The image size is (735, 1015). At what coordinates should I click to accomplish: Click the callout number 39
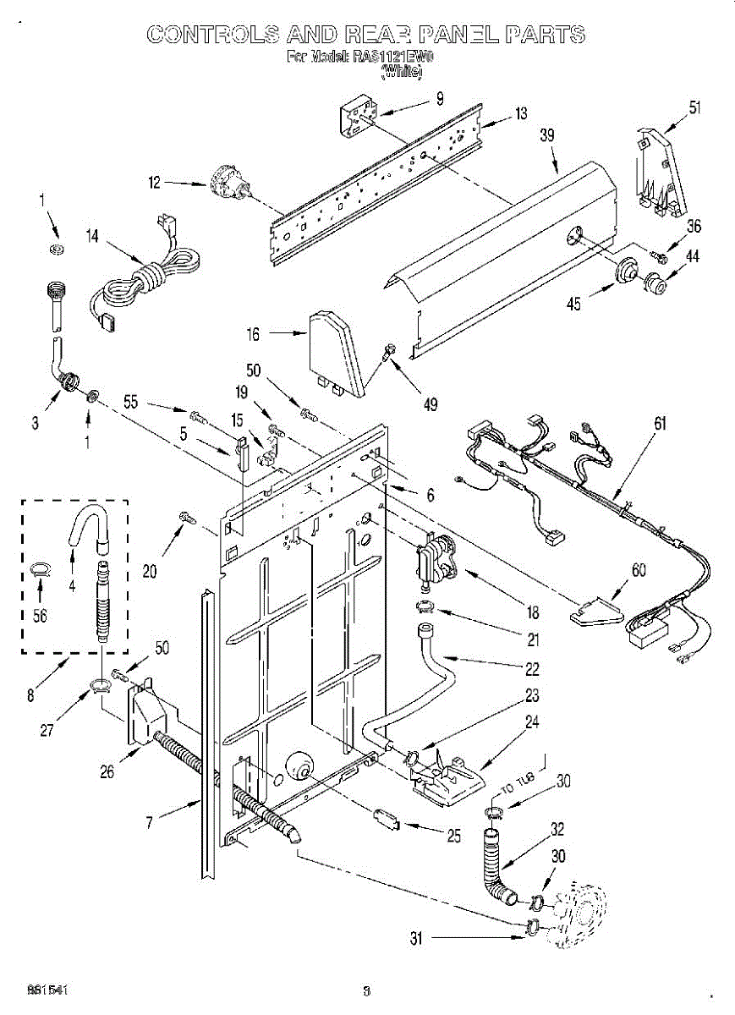[x=546, y=134]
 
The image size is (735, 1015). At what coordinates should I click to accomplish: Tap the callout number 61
[x=660, y=423]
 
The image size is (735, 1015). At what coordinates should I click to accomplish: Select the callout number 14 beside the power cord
[x=92, y=237]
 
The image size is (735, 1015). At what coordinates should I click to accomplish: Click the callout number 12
[x=154, y=181]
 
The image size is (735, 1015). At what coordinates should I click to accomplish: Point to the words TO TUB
[x=518, y=786]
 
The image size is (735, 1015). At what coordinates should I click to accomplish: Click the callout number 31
[x=414, y=937]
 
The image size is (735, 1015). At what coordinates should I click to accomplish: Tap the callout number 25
[x=454, y=837]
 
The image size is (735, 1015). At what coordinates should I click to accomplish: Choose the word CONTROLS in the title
[x=205, y=34]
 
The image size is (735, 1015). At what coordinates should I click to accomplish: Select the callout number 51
[x=694, y=107]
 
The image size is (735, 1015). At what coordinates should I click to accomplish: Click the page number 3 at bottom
[x=366, y=990]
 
